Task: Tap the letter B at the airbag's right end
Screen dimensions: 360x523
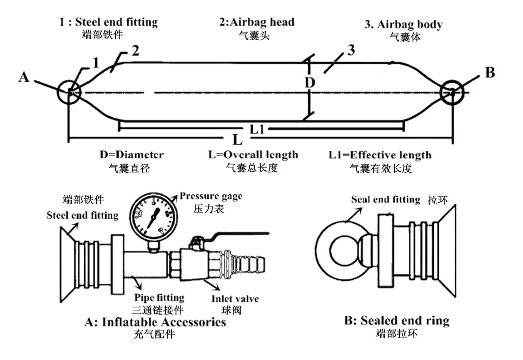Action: (x=489, y=73)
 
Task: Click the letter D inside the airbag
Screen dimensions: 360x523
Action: (x=310, y=83)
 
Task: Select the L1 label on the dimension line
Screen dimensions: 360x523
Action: (x=257, y=129)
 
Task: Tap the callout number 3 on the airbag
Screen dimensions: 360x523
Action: (x=351, y=50)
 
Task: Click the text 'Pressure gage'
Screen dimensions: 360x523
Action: (x=211, y=196)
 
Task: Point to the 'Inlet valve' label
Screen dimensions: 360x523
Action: (x=235, y=298)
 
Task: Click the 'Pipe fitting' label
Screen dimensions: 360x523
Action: (x=159, y=298)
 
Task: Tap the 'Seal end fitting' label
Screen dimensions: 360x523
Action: (x=386, y=200)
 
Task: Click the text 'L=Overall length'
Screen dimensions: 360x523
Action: (x=253, y=155)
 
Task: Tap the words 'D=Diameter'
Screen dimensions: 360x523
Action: (x=132, y=155)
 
